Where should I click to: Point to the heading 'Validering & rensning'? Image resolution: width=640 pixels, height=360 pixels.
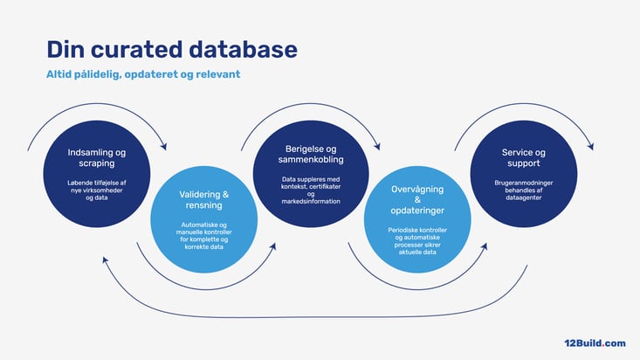(203, 199)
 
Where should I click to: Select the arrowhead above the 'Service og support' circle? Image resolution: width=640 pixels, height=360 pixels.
(593, 147)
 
